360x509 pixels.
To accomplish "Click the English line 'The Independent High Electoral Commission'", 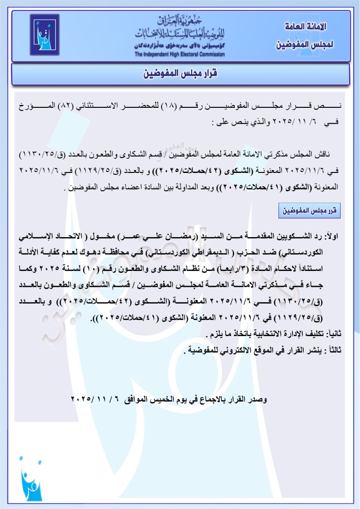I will tap(180, 54).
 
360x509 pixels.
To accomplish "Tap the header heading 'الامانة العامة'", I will tap(306, 27).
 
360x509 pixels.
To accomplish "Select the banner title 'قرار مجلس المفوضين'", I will tap(180, 74).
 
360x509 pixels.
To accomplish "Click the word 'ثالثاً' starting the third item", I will tap(335, 349).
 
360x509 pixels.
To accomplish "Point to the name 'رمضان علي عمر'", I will tap(152, 238).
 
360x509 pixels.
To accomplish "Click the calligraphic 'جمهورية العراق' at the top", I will tap(180, 21).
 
